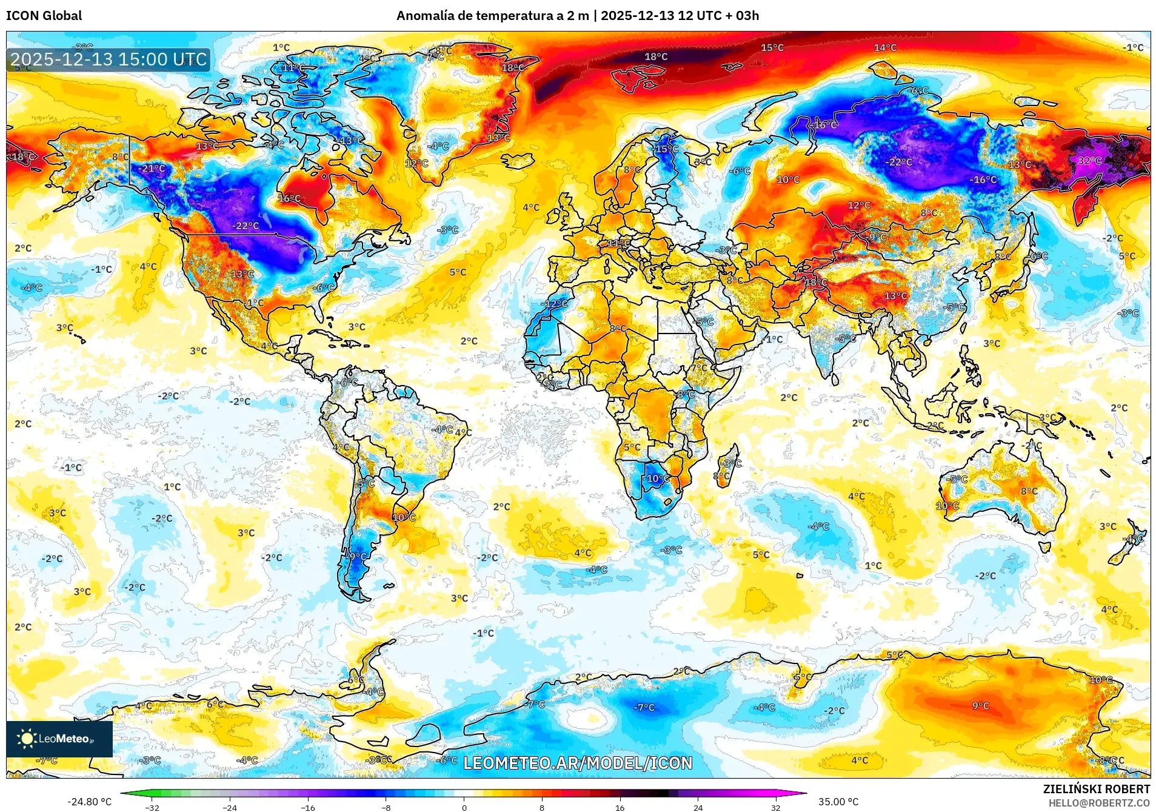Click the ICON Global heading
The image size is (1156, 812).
click(x=44, y=16)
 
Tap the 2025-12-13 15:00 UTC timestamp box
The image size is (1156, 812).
click(x=109, y=59)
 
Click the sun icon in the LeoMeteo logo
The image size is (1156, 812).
click(x=27, y=738)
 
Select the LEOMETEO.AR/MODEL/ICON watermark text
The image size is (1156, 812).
click(x=578, y=763)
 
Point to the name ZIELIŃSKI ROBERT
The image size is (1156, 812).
click(x=1096, y=789)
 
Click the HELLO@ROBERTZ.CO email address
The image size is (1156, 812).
click(x=1099, y=803)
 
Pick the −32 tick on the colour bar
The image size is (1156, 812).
click(x=152, y=807)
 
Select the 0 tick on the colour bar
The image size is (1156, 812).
click(x=464, y=807)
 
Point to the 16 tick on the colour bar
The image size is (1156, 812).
click(x=620, y=807)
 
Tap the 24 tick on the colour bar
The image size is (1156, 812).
click(x=698, y=807)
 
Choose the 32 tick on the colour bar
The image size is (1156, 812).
click(x=775, y=807)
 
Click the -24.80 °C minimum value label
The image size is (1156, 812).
click(x=89, y=802)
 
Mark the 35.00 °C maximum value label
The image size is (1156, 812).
click(x=838, y=802)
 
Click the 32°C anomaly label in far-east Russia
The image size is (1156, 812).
click(x=1089, y=161)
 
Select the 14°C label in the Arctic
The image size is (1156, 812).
click(x=885, y=47)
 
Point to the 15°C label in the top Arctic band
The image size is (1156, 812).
click(x=772, y=47)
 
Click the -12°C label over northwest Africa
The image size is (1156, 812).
click(x=555, y=304)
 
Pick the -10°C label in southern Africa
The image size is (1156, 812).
click(x=657, y=478)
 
